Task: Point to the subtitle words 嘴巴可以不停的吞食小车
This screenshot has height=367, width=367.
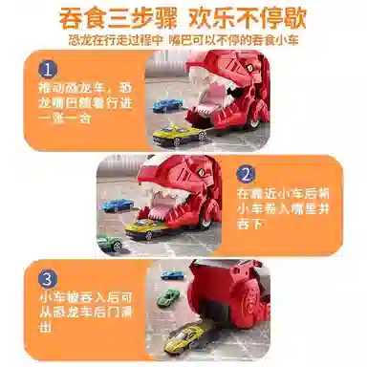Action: point(229,41)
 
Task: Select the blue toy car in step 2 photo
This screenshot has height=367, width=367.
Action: point(118,204)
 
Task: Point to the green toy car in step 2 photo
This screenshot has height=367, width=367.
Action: point(109,243)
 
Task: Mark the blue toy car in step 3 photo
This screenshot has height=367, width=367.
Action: point(171,275)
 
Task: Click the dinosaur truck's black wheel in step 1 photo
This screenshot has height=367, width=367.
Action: point(252,119)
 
